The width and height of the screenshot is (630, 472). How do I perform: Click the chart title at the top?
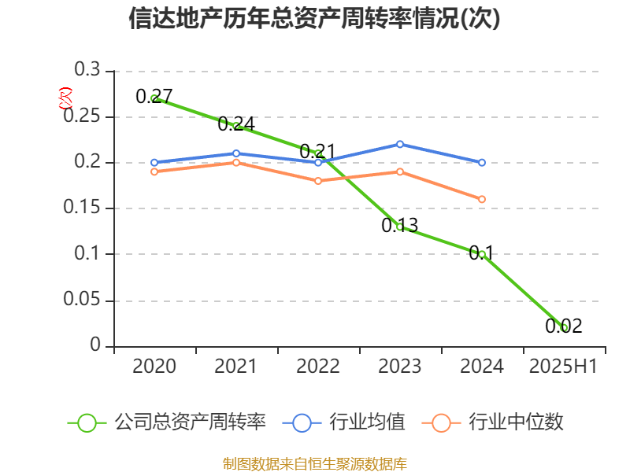[x=315, y=19]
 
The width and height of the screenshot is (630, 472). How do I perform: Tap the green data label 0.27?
[x=154, y=97]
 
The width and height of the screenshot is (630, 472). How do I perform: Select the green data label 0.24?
[x=236, y=124]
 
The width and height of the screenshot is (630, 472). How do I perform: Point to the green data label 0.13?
[x=400, y=226]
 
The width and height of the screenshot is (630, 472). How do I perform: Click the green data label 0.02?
[x=564, y=326]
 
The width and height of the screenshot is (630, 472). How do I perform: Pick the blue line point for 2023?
[x=400, y=144]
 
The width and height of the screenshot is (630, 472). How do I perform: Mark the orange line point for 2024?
[x=482, y=199]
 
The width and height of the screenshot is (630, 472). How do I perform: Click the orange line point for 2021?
[x=236, y=162]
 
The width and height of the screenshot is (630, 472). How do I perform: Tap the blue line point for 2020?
[x=154, y=163]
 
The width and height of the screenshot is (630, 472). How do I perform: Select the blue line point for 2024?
[x=482, y=163]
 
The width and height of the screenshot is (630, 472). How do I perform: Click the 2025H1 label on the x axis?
[x=563, y=367]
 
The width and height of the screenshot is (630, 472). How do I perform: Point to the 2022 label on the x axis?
[x=318, y=367]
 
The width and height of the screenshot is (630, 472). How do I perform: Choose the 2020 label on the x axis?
[x=154, y=367]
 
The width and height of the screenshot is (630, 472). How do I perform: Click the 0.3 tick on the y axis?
[x=87, y=70]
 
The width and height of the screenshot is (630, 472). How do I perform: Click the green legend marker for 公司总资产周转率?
[x=87, y=422]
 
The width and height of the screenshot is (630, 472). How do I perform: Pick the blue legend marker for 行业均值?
[x=302, y=422]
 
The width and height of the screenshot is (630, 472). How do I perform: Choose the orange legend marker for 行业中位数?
[x=442, y=422]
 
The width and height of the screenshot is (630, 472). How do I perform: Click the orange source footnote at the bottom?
[x=315, y=463]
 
